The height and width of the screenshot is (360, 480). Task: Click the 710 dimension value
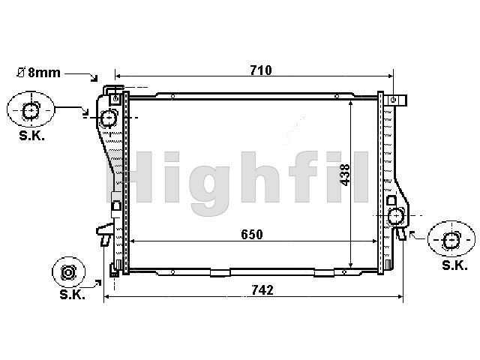click(x=261, y=70)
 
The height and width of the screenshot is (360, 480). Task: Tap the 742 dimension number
click(x=262, y=290)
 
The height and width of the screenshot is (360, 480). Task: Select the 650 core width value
click(x=252, y=235)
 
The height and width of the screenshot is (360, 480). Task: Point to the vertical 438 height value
click(x=345, y=175)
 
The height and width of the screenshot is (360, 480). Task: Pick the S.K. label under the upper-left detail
click(x=31, y=136)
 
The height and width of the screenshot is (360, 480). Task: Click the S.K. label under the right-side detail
click(x=455, y=265)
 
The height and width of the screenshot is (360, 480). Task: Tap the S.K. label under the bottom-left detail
click(x=72, y=295)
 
